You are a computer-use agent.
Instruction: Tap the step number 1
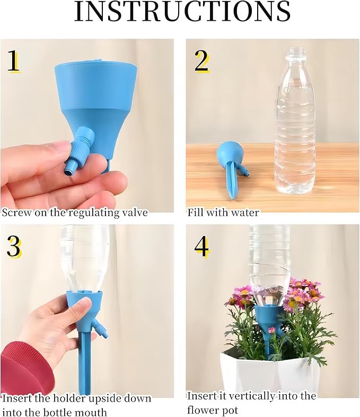(x=13, y=62)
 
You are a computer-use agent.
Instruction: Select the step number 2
(x=201, y=62)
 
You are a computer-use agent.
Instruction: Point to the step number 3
(x=14, y=246)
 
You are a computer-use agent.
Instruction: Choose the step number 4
(x=202, y=247)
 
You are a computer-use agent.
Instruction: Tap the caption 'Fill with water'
(x=223, y=213)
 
